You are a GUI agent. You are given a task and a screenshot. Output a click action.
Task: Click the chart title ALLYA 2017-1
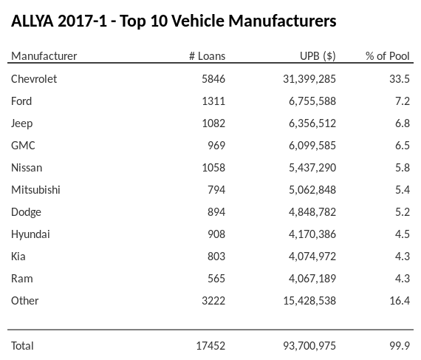[174, 21]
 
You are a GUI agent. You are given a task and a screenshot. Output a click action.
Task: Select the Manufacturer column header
[44, 56]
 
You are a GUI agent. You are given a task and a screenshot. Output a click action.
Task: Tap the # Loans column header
[207, 56]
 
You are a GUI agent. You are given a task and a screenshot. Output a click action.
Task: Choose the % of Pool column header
[388, 56]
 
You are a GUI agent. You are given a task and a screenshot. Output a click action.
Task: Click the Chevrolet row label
[34, 78]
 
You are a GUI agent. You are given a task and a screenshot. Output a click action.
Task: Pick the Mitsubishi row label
[35, 189]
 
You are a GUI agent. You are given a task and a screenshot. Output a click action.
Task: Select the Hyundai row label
[30, 234]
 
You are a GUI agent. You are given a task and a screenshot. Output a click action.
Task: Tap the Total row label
[22, 345]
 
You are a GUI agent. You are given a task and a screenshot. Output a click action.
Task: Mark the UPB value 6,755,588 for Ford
[309, 101]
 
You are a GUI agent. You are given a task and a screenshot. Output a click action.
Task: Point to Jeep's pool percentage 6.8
[402, 123]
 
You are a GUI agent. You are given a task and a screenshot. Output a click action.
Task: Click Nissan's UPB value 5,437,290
[309, 167]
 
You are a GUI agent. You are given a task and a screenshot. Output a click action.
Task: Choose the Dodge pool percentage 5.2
[402, 211]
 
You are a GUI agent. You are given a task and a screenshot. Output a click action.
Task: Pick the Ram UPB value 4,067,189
[309, 278]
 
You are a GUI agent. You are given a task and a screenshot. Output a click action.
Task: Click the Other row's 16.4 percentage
[399, 300]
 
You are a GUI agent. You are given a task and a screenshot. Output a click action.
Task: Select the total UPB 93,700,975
[307, 345]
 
